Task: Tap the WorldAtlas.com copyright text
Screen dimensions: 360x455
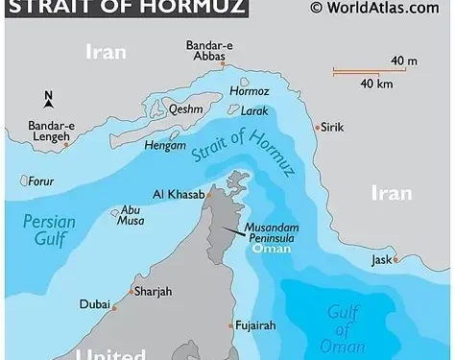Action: pos(382,9)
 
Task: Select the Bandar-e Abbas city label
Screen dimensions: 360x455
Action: pos(205,51)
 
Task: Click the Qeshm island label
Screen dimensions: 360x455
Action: pos(187,109)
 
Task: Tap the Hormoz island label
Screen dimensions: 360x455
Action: pos(249,91)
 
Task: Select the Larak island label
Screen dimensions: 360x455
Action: pos(255,111)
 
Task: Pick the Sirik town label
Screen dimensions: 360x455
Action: pos(332,126)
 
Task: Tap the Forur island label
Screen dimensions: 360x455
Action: pos(40,180)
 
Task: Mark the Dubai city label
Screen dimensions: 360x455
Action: pos(94,306)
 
